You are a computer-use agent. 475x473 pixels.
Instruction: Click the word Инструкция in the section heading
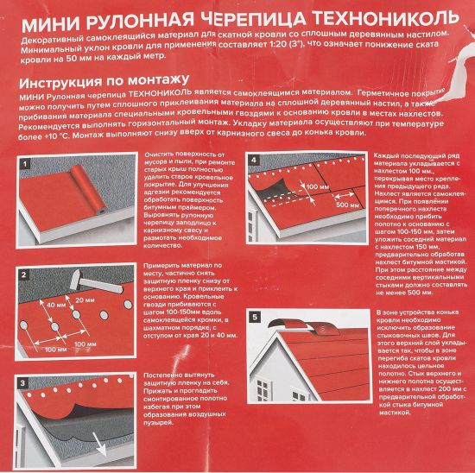pyautogui.click(x=63, y=82)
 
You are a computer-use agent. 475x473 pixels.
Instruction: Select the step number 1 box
pyautogui.click(x=25, y=162)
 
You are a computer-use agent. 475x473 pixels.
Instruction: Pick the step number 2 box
pyautogui.click(x=25, y=274)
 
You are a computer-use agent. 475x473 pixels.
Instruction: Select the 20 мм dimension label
pyautogui.click(x=84, y=300)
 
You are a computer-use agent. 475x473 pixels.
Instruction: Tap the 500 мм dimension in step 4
pyautogui.click(x=348, y=205)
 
